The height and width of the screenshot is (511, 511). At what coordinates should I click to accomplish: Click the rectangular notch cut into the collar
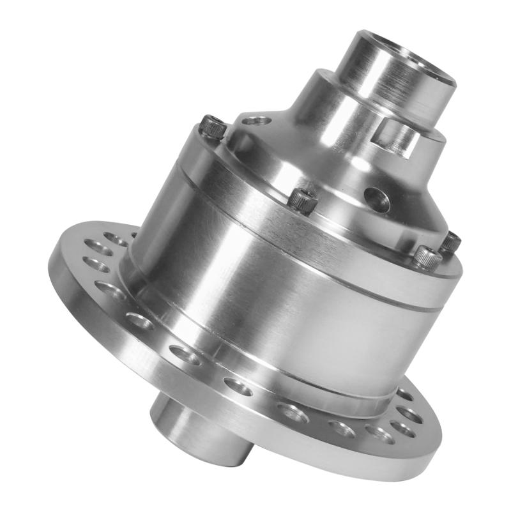pos(396,137)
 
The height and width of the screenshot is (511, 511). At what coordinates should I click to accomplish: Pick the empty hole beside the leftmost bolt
pos(255,119)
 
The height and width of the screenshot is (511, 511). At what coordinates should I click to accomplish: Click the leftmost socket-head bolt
pos(213,126)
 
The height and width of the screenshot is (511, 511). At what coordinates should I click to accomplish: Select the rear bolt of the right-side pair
pos(451,241)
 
